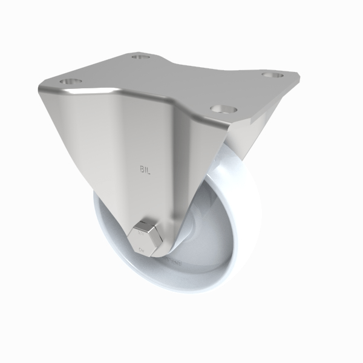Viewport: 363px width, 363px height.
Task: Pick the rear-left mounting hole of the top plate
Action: [x=140, y=58]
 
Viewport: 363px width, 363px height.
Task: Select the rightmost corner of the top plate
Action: [x=300, y=77]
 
